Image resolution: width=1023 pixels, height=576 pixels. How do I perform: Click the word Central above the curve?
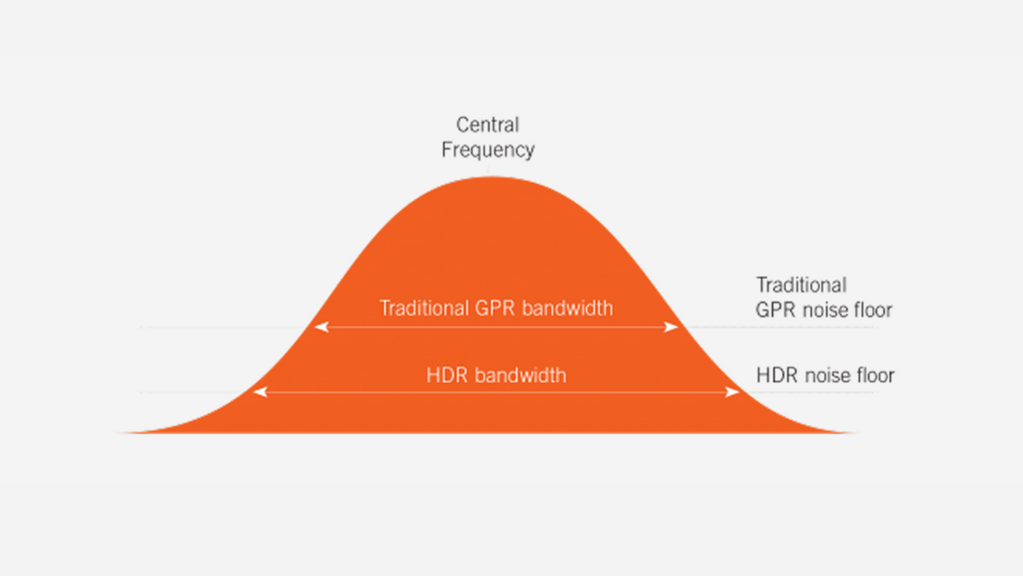pyautogui.click(x=488, y=125)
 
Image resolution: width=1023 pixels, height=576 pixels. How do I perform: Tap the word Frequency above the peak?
pyautogui.click(x=488, y=150)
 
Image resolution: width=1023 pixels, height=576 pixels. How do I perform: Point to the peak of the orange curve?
pyautogui.click(x=490, y=177)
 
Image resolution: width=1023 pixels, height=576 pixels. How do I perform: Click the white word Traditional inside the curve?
pyautogui.click(x=424, y=308)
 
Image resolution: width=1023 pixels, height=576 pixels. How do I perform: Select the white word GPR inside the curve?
pyautogui.click(x=494, y=308)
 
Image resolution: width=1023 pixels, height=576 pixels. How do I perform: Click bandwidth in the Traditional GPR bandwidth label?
pyautogui.click(x=567, y=308)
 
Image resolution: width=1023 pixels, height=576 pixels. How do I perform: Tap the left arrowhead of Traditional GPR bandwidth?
pyautogui.click(x=321, y=327)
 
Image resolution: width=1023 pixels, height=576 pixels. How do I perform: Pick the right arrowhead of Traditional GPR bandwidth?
pyautogui.click(x=671, y=327)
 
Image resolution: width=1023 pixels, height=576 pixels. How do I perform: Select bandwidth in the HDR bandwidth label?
pyautogui.click(x=521, y=375)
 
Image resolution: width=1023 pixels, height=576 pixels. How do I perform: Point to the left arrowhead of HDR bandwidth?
pyautogui.click(x=260, y=393)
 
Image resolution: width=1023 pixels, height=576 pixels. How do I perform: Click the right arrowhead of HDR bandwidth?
pyautogui.click(x=732, y=393)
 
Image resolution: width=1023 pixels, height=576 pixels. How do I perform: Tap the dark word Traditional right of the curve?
pyautogui.click(x=801, y=285)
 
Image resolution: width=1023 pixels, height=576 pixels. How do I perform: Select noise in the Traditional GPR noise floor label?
pyautogui.click(x=824, y=310)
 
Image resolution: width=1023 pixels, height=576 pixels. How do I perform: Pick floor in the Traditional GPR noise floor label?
pyautogui.click(x=873, y=310)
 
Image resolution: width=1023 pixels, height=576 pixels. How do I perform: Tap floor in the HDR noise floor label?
pyautogui.click(x=875, y=375)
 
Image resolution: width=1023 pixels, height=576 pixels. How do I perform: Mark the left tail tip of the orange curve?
pyautogui.click(x=119, y=433)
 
